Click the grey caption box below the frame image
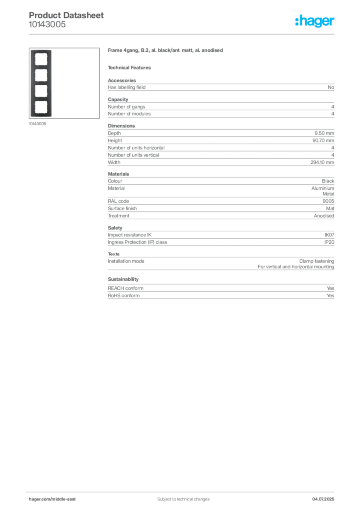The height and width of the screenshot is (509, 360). click(38, 124)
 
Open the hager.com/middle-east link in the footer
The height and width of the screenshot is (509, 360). click(56, 499)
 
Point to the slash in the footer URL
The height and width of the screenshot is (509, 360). click(52, 499)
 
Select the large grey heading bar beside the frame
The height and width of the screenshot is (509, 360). click(167, 52)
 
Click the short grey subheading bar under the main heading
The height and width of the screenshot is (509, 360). click(131, 67)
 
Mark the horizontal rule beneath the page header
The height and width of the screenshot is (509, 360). click(183, 34)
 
